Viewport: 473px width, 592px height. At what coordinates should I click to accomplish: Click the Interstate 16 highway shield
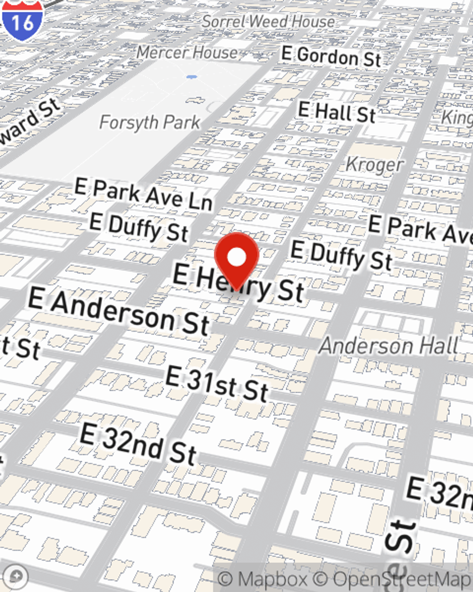tap(22, 19)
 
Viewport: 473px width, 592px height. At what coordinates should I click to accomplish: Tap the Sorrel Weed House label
tap(268, 21)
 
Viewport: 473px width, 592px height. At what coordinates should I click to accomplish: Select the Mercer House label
tap(187, 52)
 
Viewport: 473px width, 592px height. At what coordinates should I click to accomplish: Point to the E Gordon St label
tap(331, 57)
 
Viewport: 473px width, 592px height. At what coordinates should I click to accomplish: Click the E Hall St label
tap(337, 113)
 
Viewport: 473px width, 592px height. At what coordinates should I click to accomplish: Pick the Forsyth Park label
tap(149, 123)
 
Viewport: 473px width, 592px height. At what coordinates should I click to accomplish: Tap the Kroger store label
tap(374, 165)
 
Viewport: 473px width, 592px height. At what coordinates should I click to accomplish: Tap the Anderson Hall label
tap(389, 346)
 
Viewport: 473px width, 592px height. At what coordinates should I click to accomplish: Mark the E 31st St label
tap(217, 383)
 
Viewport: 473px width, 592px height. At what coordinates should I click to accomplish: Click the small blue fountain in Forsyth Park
tap(191, 76)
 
